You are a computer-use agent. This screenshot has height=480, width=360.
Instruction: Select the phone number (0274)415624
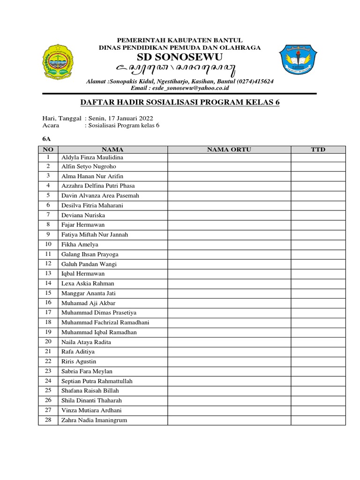click(x=253, y=81)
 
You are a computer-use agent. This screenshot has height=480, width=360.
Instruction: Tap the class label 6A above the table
click(x=46, y=139)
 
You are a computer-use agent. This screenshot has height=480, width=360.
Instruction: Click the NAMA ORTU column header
click(x=229, y=149)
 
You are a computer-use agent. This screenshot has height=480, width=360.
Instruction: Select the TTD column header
click(x=318, y=149)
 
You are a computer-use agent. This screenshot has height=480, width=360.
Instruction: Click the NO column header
click(x=48, y=149)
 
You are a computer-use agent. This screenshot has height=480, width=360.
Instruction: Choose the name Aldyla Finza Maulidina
click(x=92, y=157)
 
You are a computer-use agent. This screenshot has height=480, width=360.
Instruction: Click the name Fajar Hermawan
click(x=83, y=225)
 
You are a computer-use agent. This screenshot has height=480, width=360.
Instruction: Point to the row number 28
click(x=48, y=420)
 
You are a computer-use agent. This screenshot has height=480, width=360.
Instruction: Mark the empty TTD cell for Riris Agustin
click(x=318, y=361)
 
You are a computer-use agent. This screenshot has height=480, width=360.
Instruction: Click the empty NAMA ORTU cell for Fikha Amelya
click(x=229, y=245)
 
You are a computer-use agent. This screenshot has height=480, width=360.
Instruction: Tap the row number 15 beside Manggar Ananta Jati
click(x=48, y=293)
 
